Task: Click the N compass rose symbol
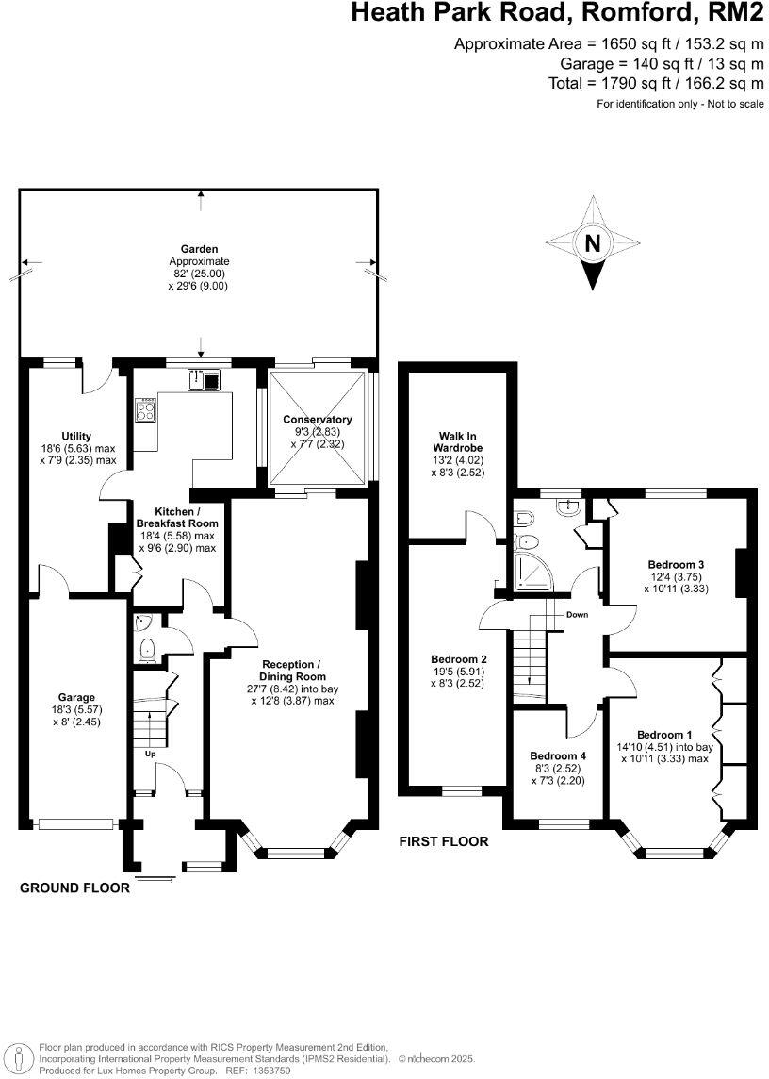(x=592, y=243)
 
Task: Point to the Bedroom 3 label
(x=676, y=565)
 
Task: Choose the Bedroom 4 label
(x=558, y=755)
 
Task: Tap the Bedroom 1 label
(x=664, y=735)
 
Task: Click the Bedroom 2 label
(x=458, y=658)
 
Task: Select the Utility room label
(x=76, y=436)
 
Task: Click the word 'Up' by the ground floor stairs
(x=150, y=754)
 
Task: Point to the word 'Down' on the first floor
(x=578, y=614)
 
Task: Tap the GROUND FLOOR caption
(x=74, y=888)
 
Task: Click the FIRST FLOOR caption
(x=443, y=841)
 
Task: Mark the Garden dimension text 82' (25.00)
(x=199, y=274)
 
